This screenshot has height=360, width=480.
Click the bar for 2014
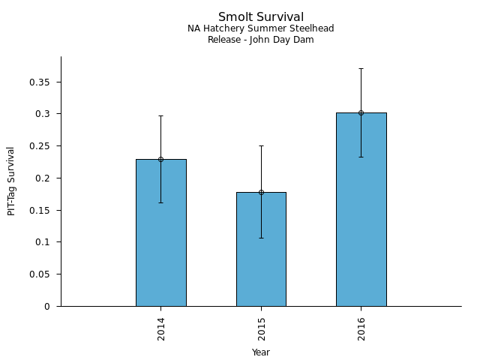click(160, 232)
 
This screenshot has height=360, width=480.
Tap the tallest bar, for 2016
click(361, 209)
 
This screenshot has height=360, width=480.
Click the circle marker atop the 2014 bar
click(160, 159)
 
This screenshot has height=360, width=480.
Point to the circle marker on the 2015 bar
click(261, 192)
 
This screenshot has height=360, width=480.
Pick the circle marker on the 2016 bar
click(361, 112)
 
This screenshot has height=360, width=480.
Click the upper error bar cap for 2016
click(361, 68)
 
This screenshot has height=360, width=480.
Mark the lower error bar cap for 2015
click(261, 238)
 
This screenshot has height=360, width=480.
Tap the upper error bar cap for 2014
click(160, 115)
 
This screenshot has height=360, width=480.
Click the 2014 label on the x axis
click(161, 328)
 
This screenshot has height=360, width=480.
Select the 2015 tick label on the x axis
click(262, 328)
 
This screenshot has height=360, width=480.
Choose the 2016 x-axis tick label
click(361, 328)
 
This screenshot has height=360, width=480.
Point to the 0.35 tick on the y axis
click(40, 82)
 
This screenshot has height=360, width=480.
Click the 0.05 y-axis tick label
click(40, 274)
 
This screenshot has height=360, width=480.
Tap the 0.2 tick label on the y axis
click(43, 178)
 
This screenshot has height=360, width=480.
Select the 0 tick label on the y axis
click(48, 307)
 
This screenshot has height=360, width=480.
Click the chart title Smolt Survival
click(261, 17)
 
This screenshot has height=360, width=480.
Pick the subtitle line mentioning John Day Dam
click(261, 40)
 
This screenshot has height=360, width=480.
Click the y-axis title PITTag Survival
click(12, 181)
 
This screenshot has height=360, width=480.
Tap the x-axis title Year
click(261, 352)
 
